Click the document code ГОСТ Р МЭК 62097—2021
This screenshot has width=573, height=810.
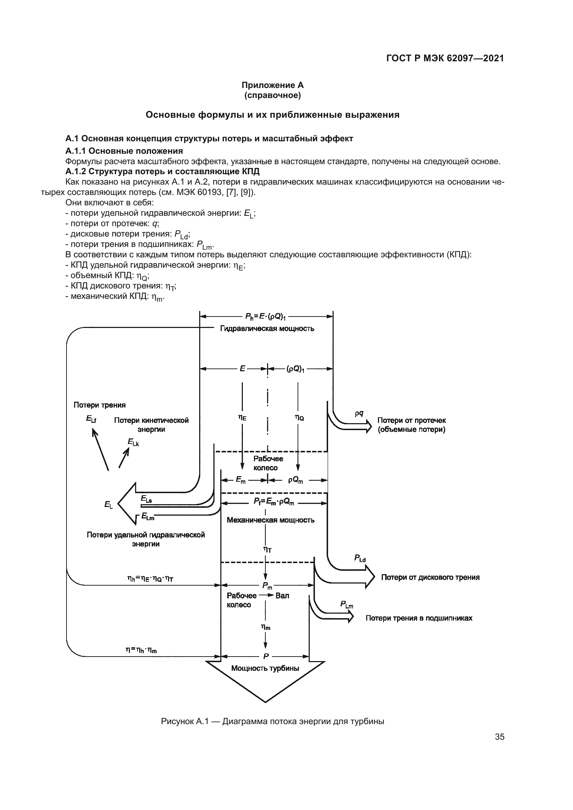(x=445, y=59)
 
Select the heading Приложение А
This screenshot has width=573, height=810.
(x=272, y=85)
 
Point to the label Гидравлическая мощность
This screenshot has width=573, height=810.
(x=267, y=329)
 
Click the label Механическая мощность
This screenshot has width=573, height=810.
(x=270, y=520)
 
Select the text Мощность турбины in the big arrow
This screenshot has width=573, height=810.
(x=265, y=668)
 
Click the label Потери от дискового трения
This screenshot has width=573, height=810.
(x=430, y=577)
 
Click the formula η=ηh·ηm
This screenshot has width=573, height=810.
(x=141, y=649)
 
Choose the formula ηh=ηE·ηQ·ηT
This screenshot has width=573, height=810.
(x=150, y=579)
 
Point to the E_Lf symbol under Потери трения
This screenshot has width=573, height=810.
(x=91, y=419)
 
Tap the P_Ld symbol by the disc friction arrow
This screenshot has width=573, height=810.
(x=360, y=558)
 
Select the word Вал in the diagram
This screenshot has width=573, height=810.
(x=282, y=596)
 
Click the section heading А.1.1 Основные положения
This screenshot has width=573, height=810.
(x=124, y=151)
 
